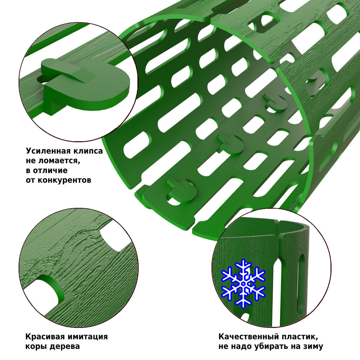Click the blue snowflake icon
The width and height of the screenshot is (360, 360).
tap(243, 284)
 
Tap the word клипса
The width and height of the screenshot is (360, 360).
tap(88, 151)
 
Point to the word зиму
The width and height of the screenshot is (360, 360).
tap(314, 346)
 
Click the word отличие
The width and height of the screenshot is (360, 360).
tap(50, 170)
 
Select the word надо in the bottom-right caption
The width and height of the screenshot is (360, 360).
tap(240, 346)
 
